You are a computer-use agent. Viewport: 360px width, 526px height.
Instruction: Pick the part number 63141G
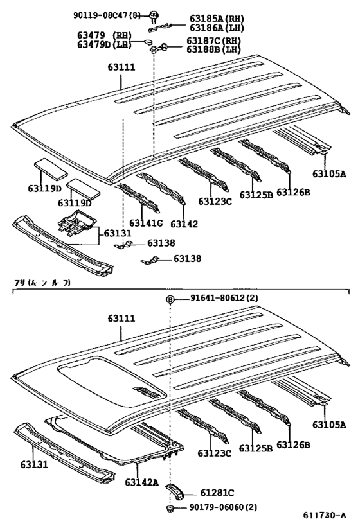[x=147, y=224]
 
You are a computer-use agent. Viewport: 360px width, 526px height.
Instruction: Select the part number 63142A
[x=142, y=482]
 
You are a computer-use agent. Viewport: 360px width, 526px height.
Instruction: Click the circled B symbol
[x=170, y=299]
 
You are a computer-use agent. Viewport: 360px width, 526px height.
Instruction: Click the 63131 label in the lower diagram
[x=34, y=464]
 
